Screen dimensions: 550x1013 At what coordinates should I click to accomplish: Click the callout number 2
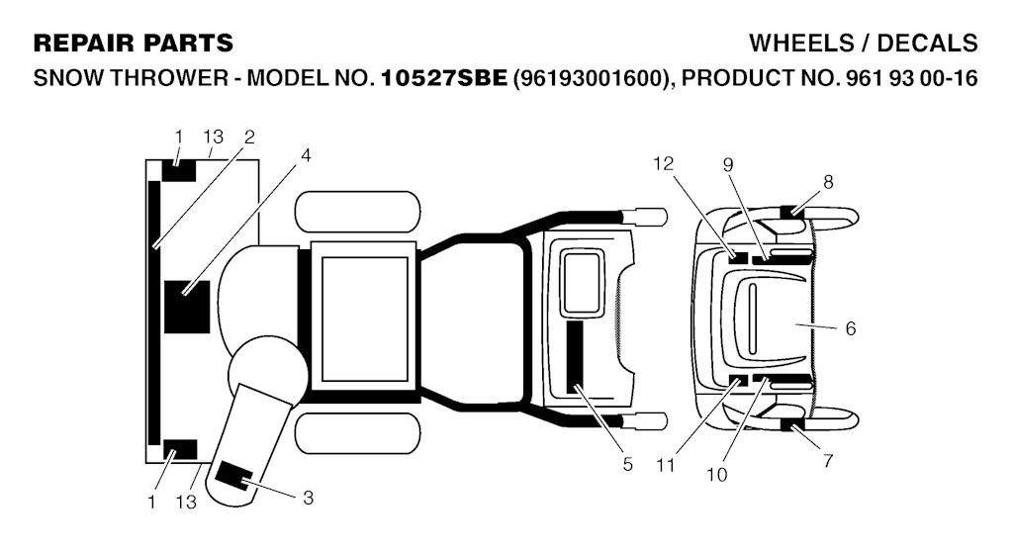249,136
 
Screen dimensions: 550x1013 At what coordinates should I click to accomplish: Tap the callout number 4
306,154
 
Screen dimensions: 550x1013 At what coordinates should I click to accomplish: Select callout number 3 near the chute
308,498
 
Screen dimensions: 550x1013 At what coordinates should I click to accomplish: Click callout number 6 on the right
850,328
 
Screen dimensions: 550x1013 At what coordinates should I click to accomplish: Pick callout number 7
828,460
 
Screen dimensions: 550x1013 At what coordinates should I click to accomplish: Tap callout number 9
727,165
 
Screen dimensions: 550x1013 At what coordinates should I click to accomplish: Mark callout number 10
717,474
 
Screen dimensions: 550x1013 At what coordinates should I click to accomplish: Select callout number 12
663,163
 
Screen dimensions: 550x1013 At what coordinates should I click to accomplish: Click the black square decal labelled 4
186,307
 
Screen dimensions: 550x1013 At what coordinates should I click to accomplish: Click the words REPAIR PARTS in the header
134,44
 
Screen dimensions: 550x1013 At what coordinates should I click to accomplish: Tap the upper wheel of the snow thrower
358,212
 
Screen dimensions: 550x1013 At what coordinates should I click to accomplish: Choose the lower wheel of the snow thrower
358,433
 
